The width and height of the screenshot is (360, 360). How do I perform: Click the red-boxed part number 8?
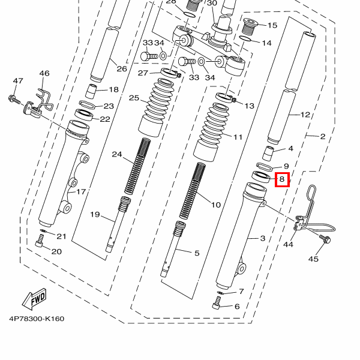(x=282, y=179)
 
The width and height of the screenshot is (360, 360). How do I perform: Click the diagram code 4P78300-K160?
(x=36, y=319)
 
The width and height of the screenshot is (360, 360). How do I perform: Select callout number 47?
(x=17, y=81)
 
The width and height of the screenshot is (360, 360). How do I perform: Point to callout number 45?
(x=313, y=259)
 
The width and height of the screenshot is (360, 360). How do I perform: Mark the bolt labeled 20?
(x=40, y=241)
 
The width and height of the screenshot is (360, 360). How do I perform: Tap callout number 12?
(x=305, y=114)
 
